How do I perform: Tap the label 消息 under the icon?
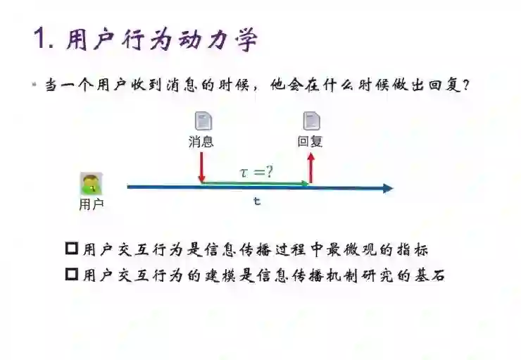click(201, 142)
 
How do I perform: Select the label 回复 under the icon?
click(310, 142)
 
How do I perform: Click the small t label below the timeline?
click(257, 201)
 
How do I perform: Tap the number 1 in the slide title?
click(39, 39)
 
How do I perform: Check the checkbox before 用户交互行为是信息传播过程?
click(71, 249)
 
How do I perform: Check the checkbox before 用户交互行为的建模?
click(71, 274)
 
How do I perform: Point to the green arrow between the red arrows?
click(256, 183)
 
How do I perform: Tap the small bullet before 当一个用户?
click(33, 86)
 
